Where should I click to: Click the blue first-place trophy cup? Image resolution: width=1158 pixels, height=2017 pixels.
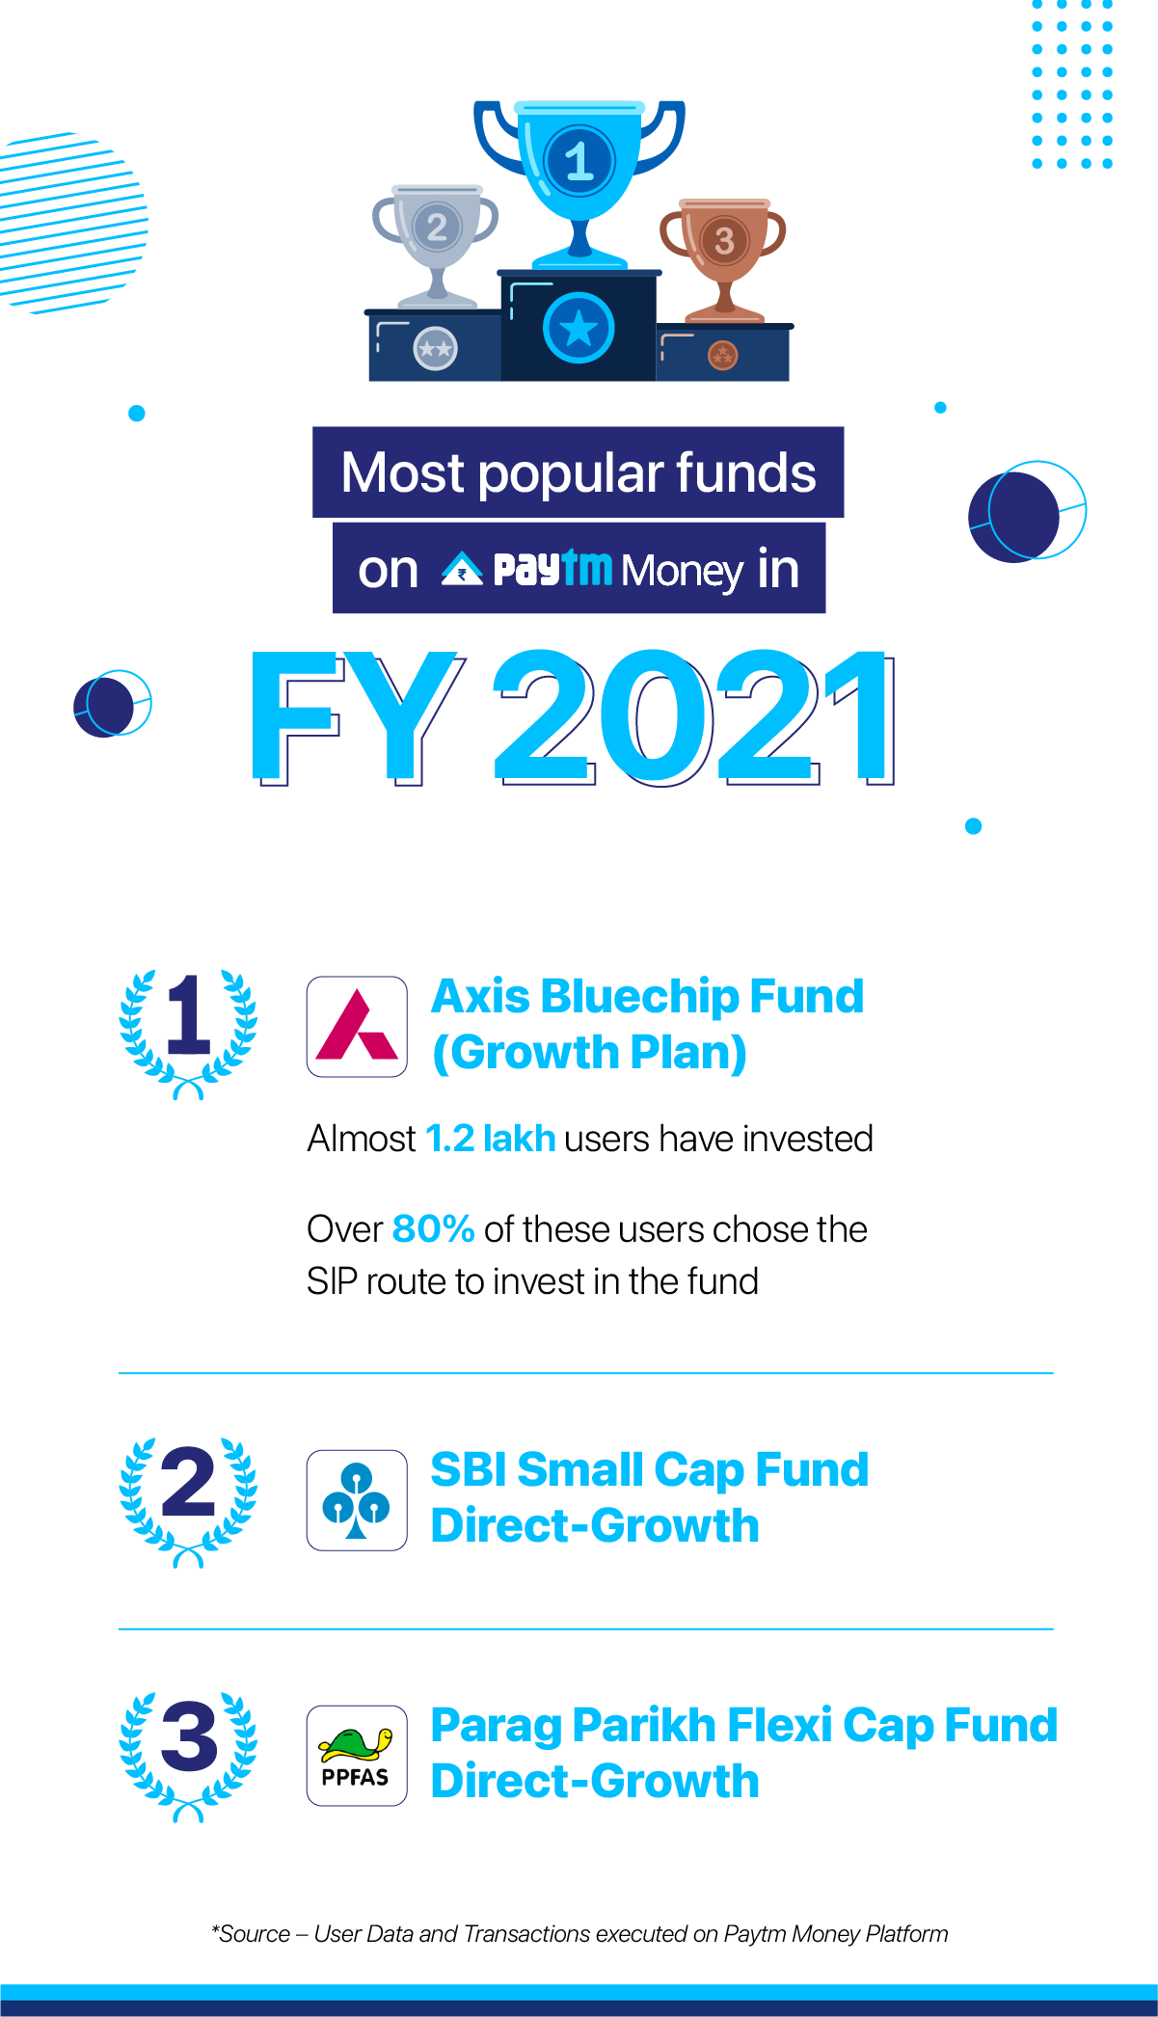pos(579,169)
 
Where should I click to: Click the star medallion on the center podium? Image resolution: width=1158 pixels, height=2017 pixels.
pos(579,328)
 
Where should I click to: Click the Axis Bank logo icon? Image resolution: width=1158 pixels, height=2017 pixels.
pos(357,1027)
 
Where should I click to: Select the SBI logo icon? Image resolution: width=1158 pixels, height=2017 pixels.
pos(357,1500)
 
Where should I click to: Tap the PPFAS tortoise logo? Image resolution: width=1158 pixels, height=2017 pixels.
pos(357,1755)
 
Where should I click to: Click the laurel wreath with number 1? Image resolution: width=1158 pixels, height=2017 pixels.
pos(188,1032)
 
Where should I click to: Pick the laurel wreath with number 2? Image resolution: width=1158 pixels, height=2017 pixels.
pos(188,1500)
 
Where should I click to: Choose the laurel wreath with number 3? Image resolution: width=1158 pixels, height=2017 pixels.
pos(188,1755)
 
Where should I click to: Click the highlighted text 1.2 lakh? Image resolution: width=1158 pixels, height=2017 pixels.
pos(490,1139)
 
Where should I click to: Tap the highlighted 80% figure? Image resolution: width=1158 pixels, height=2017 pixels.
pos(433,1229)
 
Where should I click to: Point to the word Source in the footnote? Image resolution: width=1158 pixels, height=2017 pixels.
pos(255,1934)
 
